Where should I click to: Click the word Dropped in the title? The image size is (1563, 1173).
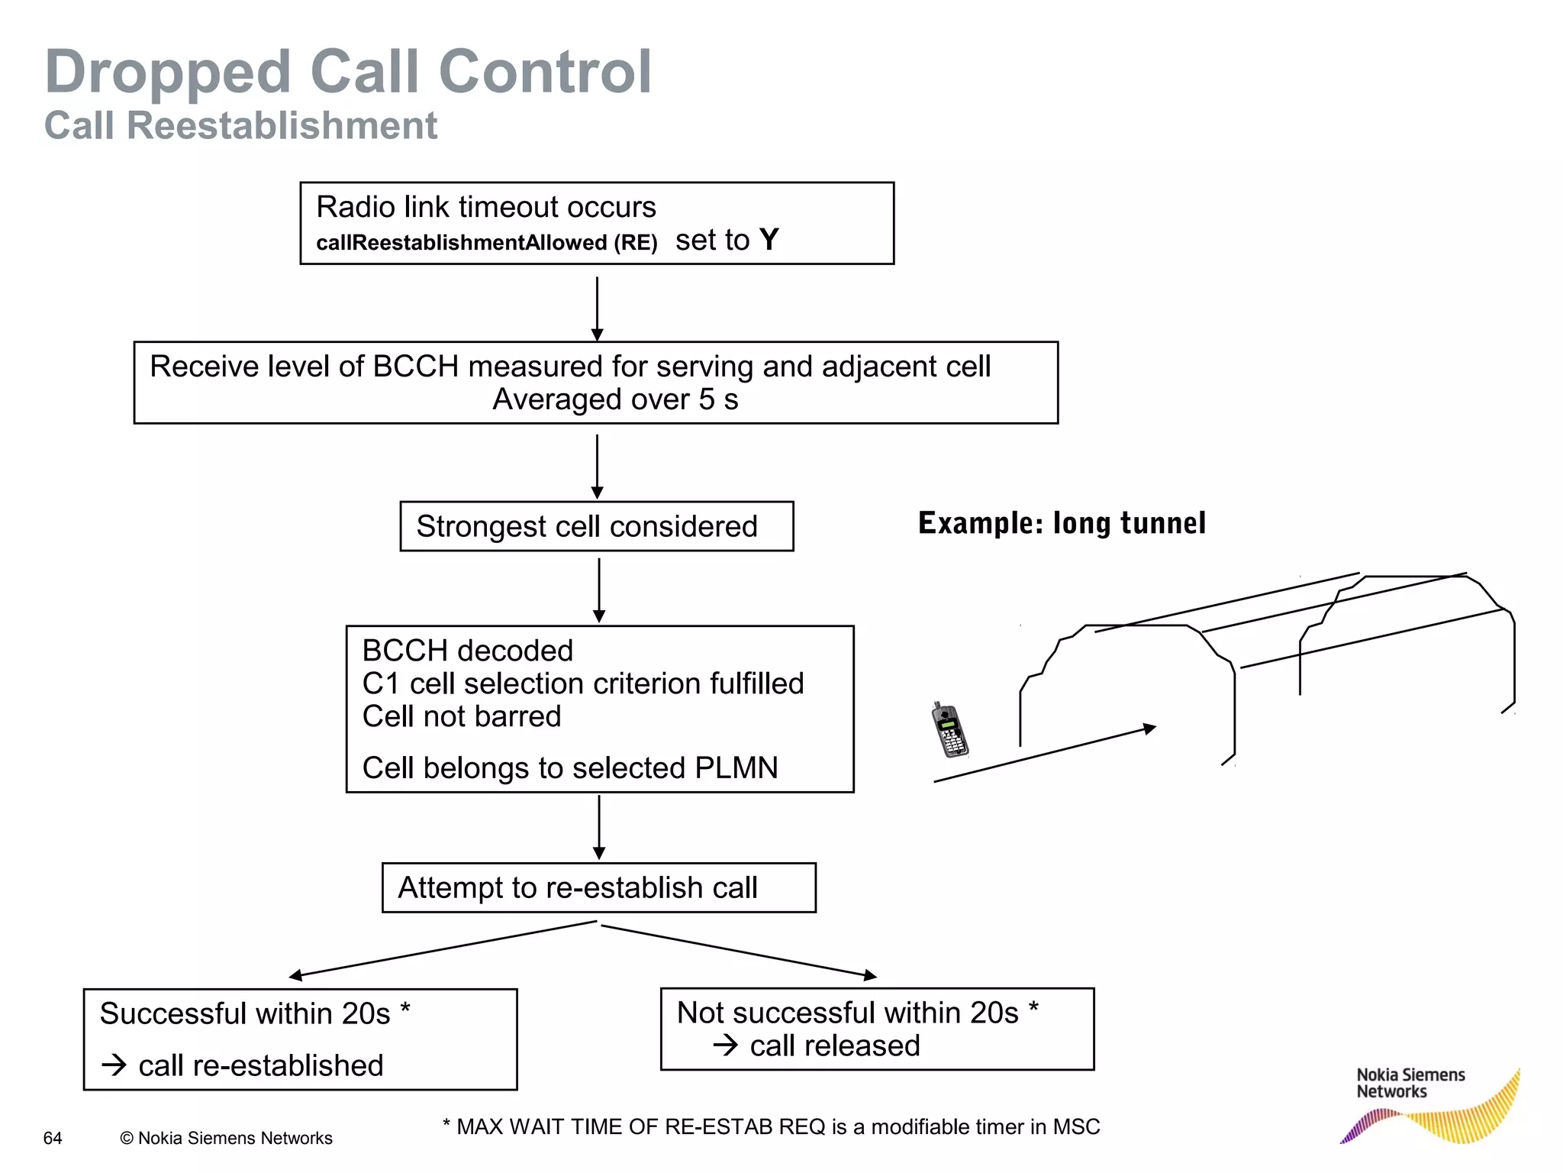coord(168,73)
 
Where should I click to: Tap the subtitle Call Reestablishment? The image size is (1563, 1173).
coord(240,126)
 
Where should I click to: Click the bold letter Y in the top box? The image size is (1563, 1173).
coord(769,240)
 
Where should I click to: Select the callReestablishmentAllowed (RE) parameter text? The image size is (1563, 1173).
coord(486,243)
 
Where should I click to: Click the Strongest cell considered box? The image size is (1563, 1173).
coord(596,526)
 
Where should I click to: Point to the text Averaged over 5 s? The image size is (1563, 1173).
coord(615,399)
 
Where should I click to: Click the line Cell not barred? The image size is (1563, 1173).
coord(461,716)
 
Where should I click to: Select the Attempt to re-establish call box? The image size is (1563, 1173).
coord(598,887)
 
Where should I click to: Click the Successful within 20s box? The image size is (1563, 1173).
coord(300,1039)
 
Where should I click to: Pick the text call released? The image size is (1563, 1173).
coord(834,1045)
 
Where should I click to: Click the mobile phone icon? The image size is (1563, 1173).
coord(949,730)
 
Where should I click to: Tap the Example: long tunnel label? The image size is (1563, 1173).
coord(1062,523)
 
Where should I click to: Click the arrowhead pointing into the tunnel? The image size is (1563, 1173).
coord(1149,729)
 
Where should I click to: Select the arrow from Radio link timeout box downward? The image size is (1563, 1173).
coord(598,308)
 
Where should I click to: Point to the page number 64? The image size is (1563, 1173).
coord(53,1138)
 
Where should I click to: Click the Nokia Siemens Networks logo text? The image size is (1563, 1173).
coord(1410,1083)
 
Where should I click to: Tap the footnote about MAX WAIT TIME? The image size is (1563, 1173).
coord(771,1126)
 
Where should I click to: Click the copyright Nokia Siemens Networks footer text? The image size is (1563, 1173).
coord(226,1138)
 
